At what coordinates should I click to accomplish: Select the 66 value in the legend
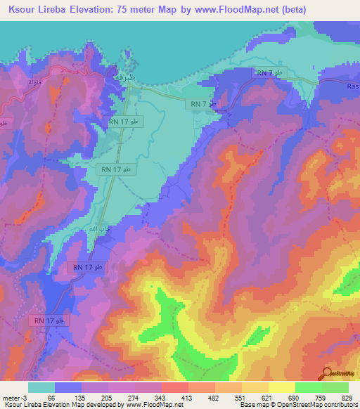click(51, 397)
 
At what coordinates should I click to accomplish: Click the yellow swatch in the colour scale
click(281, 387)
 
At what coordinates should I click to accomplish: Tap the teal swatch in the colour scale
click(41, 387)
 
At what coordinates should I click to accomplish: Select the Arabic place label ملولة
click(33, 82)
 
